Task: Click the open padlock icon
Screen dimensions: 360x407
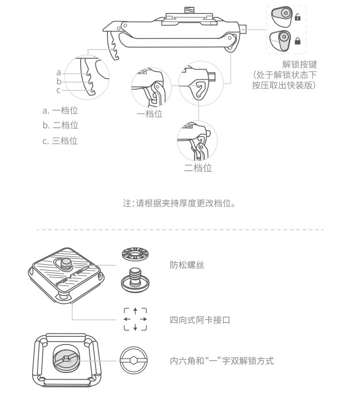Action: [298, 17]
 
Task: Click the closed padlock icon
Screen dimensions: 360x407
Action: [298, 41]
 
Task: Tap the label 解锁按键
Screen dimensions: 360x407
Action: [300, 64]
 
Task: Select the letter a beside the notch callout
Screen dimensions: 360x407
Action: [59, 73]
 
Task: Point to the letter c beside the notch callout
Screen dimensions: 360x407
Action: [59, 90]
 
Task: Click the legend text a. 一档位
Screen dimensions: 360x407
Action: [60, 111]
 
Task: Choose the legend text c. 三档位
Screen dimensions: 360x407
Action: [60, 141]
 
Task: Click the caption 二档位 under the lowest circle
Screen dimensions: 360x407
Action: [198, 168]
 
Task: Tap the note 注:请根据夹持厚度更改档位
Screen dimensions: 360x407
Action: [179, 203]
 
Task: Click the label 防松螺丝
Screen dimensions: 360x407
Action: [187, 265]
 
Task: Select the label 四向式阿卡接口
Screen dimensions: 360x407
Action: [200, 320]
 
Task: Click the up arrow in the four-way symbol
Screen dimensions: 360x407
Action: [135, 311]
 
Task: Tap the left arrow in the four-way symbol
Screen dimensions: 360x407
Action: [127, 319]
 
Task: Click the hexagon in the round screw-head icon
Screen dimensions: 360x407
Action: [133, 360]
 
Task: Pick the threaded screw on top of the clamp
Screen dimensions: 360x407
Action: [189, 11]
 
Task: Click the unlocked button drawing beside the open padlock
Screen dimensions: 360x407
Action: [282, 17]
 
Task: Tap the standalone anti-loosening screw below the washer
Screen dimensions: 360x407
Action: [135, 280]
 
